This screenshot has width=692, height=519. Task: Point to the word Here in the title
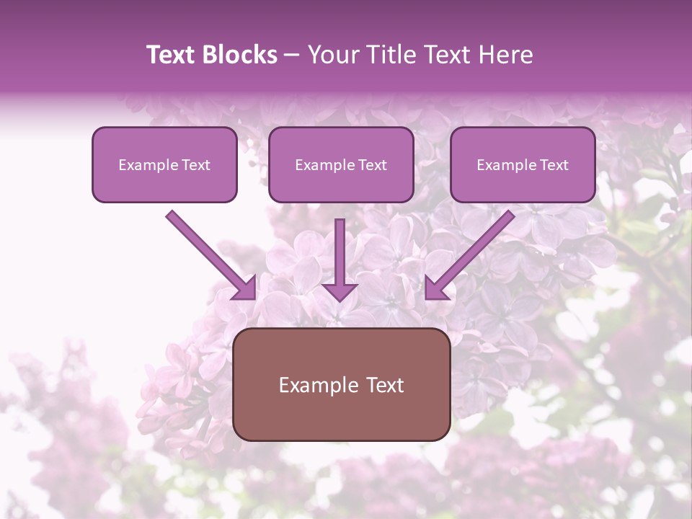click(508, 55)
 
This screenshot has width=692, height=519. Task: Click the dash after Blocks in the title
click(292, 56)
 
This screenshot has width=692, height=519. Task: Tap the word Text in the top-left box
click(196, 165)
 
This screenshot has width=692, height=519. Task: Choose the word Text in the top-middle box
click(373, 165)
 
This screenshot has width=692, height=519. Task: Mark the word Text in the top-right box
click(554, 165)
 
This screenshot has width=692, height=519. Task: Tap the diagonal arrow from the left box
click(209, 254)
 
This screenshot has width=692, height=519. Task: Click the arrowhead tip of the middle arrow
click(340, 298)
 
